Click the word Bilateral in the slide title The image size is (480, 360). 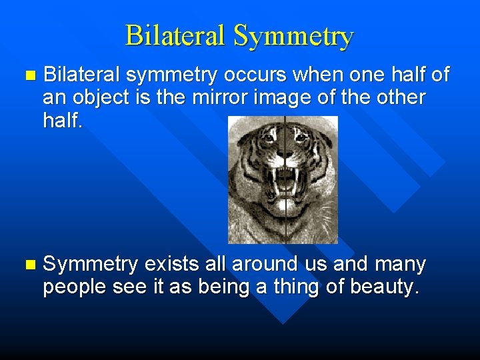pos(175,35)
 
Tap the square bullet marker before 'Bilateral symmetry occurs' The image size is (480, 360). pos(27,75)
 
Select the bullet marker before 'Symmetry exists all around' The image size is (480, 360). pos(27,265)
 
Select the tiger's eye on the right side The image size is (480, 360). pos(301,137)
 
